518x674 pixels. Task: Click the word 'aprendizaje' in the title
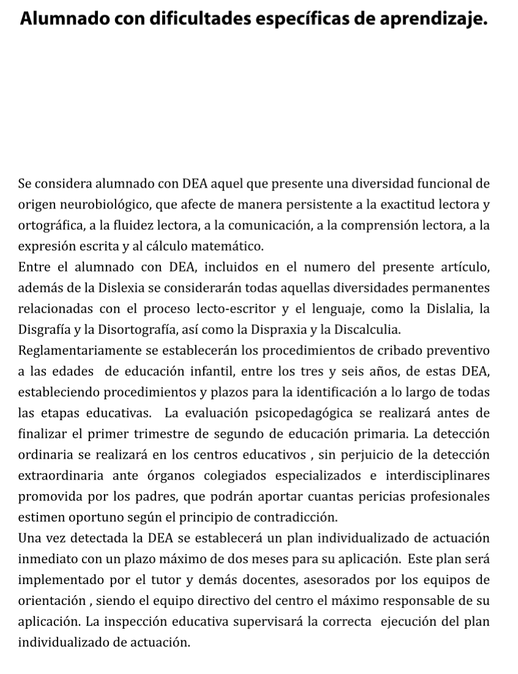434,20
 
